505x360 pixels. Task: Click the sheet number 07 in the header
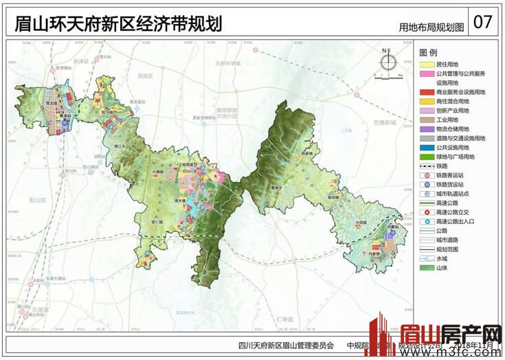pyautogui.click(x=482, y=21)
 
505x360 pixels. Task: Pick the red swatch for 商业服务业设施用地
pyautogui.click(x=426, y=91)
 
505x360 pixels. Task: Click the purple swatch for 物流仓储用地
pyautogui.click(x=426, y=128)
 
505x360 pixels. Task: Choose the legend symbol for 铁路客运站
pyautogui.click(x=426, y=175)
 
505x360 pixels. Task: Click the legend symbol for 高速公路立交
pyautogui.click(x=426, y=212)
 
